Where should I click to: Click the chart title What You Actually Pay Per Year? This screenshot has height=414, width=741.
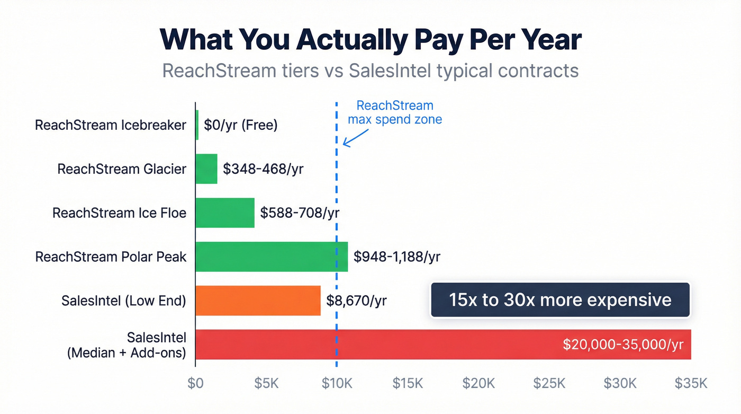pos(370,40)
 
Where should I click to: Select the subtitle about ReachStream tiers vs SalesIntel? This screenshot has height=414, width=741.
pos(370,71)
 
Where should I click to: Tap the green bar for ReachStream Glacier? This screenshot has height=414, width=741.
pos(206,169)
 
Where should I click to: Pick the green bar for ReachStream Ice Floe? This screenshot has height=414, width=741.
pos(225,213)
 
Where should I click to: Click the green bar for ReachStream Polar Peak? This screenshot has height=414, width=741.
pos(272,257)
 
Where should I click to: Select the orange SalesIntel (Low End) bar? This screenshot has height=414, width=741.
pos(258,301)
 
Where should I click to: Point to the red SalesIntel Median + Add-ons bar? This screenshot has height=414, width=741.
pos(370,345)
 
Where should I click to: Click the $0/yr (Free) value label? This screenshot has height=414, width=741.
pos(241,125)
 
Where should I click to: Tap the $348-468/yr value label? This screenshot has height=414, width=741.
pos(263,169)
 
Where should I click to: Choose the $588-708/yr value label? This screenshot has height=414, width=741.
pos(300,213)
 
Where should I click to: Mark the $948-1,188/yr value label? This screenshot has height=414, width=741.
pos(397,257)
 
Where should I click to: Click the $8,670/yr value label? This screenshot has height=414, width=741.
pos(356,301)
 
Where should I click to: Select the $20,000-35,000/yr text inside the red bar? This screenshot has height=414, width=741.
pos(623,345)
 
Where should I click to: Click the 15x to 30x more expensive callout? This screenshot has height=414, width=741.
pos(560,300)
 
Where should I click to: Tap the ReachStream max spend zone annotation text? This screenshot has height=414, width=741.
pos(394,112)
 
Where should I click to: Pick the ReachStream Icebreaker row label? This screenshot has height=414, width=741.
pos(111,125)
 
